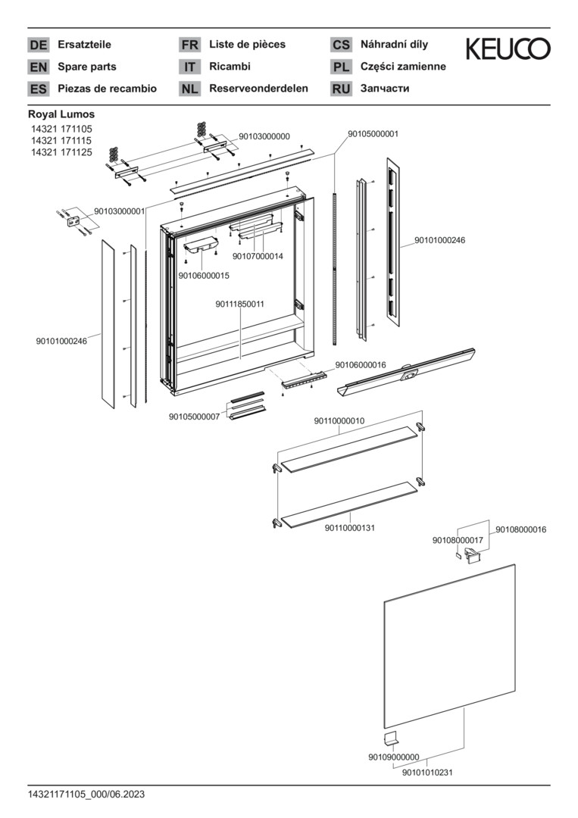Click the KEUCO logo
pyautogui.click(x=508, y=49)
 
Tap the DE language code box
pyautogui.click(x=38, y=45)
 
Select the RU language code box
pyautogui.click(x=341, y=89)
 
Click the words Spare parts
pyautogui.click(x=87, y=67)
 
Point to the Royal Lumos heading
pyautogui.click(x=61, y=114)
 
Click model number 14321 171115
pyautogui.click(x=61, y=141)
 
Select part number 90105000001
pyautogui.click(x=373, y=134)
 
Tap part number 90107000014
pyautogui.click(x=258, y=257)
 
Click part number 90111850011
pyautogui.click(x=239, y=304)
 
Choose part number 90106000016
pyautogui.click(x=361, y=365)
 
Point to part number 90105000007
pyautogui.click(x=194, y=416)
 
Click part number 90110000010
pyautogui.click(x=339, y=420)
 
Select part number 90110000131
pyautogui.click(x=350, y=528)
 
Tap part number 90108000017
pyautogui.click(x=458, y=540)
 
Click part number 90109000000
pyautogui.click(x=394, y=757)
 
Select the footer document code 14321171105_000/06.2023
pyautogui.click(x=86, y=795)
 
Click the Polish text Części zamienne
pyautogui.click(x=403, y=67)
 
